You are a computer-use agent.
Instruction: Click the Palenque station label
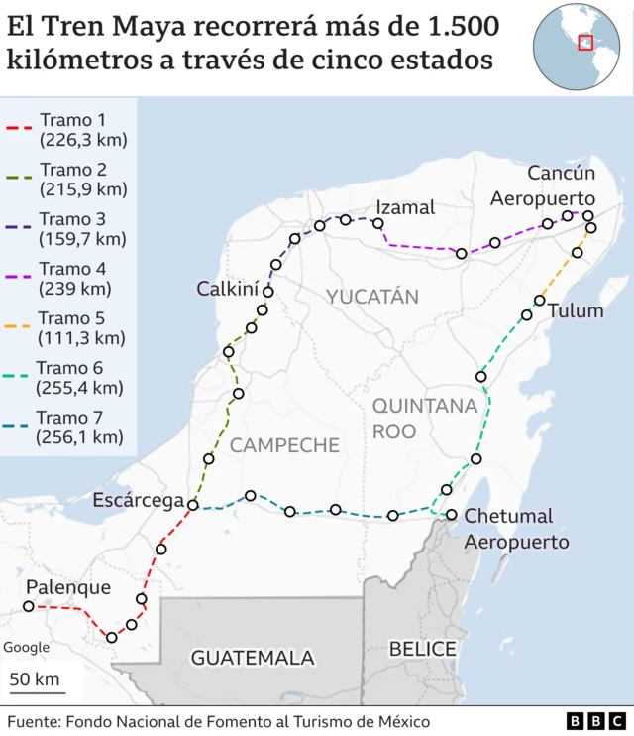[x=68, y=587]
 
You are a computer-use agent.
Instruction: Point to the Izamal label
[x=405, y=207]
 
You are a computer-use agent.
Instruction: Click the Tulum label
[x=576, y=310]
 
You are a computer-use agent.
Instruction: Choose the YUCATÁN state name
[x=372, y=297]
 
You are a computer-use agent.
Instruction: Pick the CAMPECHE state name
[x=284, y=445]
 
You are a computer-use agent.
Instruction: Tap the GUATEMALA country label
[x=253, y=658]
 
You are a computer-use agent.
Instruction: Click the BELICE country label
[x=422, y=649]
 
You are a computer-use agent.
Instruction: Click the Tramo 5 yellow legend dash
[x=20, y=325]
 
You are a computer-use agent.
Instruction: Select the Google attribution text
[x=26, y=647]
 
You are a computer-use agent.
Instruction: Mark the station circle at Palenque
[x=29, y=606]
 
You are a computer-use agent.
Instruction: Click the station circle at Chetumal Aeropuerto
[x=452, y=515]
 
